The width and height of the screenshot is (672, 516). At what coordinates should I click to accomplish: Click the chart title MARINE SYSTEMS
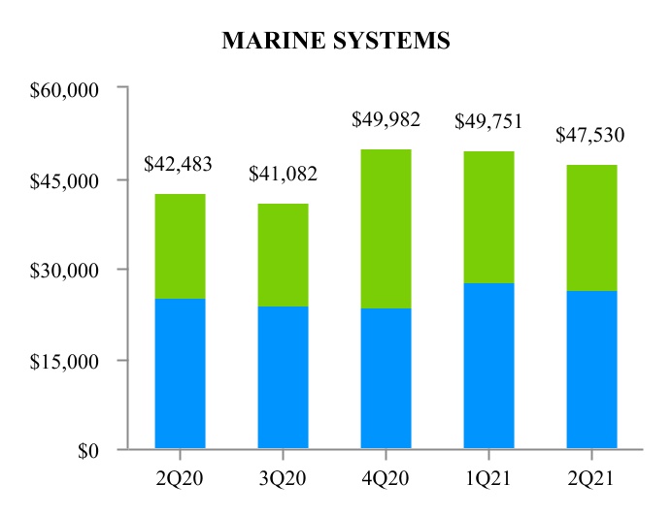336,41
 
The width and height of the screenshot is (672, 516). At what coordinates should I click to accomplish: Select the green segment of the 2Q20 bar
180,246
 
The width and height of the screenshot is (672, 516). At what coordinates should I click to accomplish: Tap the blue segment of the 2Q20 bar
180,373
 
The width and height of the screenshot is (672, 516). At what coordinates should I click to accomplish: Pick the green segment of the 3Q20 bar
283,255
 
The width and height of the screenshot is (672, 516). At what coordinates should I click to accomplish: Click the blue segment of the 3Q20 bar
283,377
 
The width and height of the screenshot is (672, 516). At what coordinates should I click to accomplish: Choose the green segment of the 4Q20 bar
386,229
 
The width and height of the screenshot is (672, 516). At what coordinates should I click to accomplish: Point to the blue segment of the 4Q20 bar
386,378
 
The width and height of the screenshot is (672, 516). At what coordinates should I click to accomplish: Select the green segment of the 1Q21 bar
488,217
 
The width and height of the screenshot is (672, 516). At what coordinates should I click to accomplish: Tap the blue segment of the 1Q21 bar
488,366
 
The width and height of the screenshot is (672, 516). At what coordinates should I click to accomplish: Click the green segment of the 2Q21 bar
591,228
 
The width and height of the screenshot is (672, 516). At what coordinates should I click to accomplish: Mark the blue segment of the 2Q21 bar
591,370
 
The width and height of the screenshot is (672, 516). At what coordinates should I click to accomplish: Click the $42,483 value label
179,165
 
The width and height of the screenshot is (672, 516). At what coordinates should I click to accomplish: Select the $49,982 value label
386,120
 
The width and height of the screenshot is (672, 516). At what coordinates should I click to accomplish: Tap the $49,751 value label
488,121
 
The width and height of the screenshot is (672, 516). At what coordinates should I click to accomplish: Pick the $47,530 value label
591,135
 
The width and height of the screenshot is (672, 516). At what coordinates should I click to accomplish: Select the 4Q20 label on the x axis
386,476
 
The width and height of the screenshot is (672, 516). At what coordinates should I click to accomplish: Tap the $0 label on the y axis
88,451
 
